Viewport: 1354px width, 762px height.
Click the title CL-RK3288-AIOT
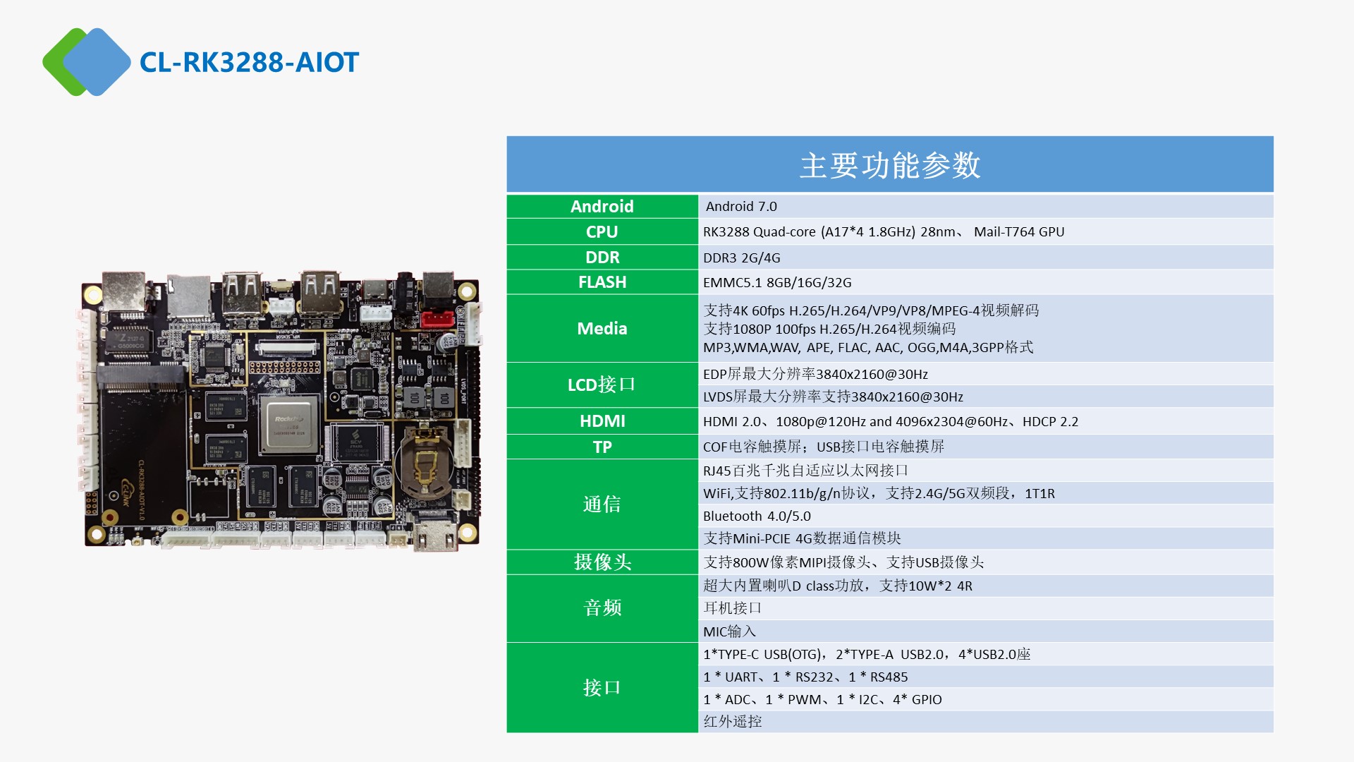249,62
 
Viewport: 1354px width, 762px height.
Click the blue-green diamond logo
86,62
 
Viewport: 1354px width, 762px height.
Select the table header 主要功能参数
890,165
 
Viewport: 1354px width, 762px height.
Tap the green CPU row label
602,231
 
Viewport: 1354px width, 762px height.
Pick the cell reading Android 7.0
741,206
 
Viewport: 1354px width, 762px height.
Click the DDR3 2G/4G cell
741,258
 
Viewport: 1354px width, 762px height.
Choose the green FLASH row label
602,282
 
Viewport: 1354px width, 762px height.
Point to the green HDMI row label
602,421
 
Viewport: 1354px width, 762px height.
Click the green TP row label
602,447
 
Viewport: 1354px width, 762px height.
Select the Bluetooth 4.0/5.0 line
757,516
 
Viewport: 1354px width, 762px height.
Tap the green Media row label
602,328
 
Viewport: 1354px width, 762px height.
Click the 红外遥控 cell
732,721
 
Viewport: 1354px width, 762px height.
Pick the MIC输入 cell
729,631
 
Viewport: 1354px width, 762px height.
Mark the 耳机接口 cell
732,607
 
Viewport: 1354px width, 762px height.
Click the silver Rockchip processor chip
289,425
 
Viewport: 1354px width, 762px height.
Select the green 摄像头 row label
602,562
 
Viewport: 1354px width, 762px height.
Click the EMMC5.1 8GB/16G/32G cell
777,282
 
